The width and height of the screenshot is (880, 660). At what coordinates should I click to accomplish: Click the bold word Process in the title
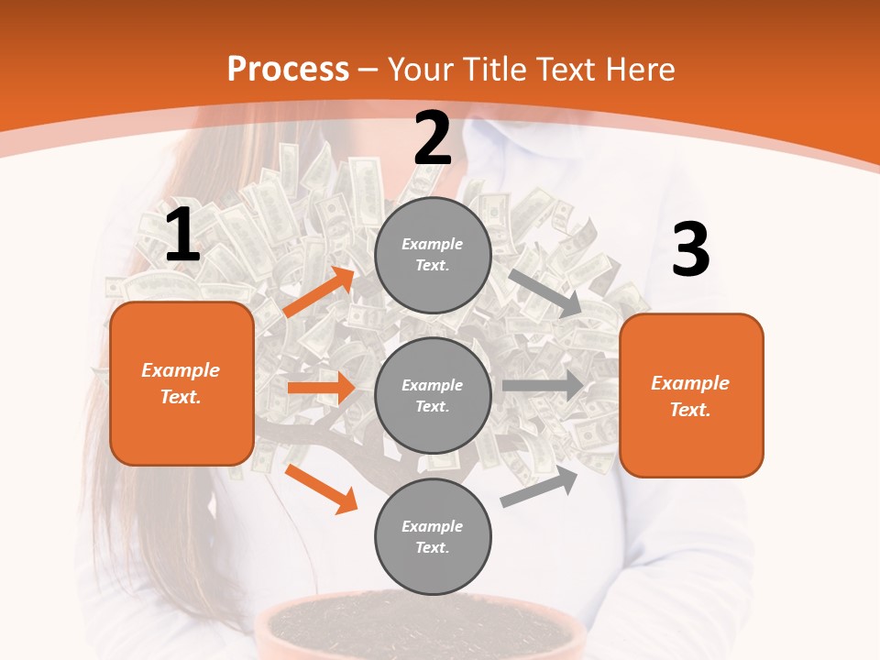(288, 70)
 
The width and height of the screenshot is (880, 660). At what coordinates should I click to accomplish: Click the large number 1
(182, 236)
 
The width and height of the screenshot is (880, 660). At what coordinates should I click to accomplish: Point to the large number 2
(433, 138)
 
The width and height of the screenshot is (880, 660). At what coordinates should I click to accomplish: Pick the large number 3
(690, 249)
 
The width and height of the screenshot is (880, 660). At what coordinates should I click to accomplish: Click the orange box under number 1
(181, 383)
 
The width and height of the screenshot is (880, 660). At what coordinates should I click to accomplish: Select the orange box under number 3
(691, 395)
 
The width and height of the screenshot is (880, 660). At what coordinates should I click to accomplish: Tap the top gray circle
(433, 255)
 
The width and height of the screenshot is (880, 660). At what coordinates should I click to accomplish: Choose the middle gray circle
(433, 395)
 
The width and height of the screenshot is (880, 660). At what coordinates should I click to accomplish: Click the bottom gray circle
(433, 536)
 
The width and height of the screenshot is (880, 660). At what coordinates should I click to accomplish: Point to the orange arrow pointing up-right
(319, 291)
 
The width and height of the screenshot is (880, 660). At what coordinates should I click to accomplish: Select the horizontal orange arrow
(321, 388)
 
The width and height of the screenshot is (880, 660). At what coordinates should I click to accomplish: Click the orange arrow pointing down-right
(321, 489)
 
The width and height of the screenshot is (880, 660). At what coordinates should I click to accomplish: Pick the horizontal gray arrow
(543, 385)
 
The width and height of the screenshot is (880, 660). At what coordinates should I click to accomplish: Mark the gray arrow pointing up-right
(540, 487)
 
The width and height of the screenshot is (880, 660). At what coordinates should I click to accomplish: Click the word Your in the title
(422, 70)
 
